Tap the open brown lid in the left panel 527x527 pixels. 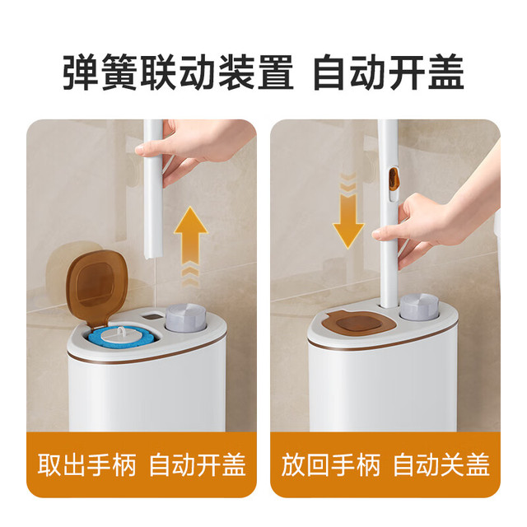tap(96, 288)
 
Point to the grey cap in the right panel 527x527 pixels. tap(419, 306)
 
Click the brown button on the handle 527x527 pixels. tap(393, 178)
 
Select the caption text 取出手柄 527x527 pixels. tap(86, 465)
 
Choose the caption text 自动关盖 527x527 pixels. tap(441, 465)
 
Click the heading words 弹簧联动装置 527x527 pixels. tap(179, 72)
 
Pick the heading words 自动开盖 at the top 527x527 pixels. tap(389, 72)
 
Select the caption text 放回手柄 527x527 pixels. tap(331, 465)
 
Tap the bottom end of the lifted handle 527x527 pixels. tap(152, 256)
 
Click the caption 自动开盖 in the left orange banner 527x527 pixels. tap(198, 465)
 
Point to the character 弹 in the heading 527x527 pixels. tap(82, 72)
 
